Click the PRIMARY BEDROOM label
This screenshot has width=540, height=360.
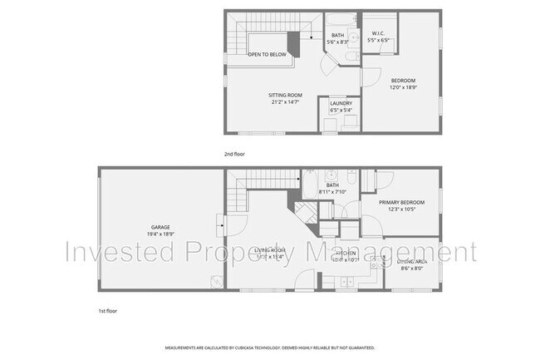click(x=402, y=203)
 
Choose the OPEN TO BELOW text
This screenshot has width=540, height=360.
click(x=268, y=54)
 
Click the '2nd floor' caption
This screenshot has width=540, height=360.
click(x=234, y=154)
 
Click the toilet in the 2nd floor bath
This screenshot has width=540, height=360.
click(x=352, y=55)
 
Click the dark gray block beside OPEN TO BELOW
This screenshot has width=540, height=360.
click(x=293, y=42)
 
